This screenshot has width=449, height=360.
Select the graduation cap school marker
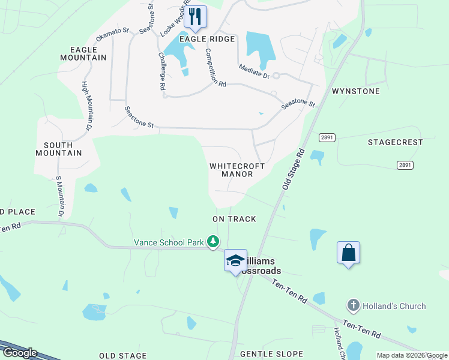pyautogui.click(x=235, y=260)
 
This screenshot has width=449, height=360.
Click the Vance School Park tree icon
pyautogui.click(x=212, y=242)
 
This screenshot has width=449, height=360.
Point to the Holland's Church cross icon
pyautogui.click(x=354, y=306)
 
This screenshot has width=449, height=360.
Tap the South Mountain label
pyautogui.click(x=62, y=149)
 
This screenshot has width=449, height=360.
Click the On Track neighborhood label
pyautogui.click(x=234, y=219)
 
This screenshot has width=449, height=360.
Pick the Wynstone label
pyautogui.click(x=356, y=91)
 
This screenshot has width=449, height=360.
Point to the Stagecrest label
pyautogui.click(x=395, y=142)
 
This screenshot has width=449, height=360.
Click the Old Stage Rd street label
pyautogui.click(x=294, y=170)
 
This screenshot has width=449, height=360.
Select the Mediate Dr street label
pyautogui.click(x=254, y=72)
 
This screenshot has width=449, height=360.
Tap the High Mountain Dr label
pyautogui.click(x=86, y=106)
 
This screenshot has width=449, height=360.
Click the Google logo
pyautogui.click(x=19, y=353)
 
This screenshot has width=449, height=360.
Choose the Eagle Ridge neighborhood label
pyautogui.click(x=210, y=38)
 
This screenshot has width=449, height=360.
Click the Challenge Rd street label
pyautogui.click(x=161, y=70)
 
